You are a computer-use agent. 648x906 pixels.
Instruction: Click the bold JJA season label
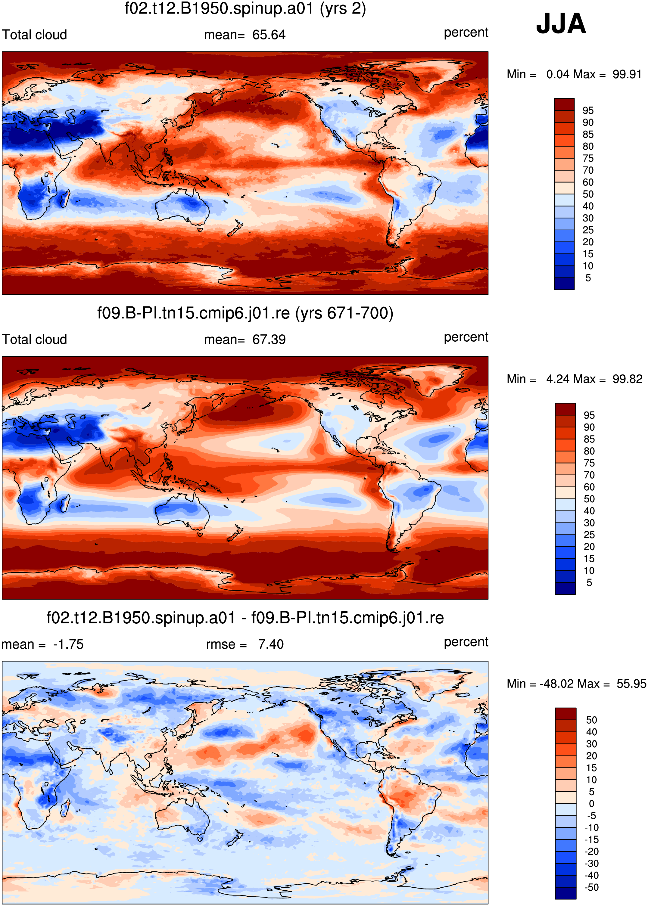(561, 23)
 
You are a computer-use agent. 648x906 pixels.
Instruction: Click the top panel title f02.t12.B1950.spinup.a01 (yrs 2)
(245, 8)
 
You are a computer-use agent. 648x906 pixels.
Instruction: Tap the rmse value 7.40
(270, 644)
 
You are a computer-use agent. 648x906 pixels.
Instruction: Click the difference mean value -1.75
(68, 644)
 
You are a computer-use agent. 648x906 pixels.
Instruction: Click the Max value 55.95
(631, 684)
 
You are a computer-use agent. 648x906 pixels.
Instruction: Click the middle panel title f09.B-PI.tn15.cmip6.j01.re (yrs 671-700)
(245, 313)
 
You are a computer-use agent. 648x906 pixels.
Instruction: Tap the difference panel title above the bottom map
(245, 618)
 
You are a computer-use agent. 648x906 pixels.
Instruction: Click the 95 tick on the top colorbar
(588, 110)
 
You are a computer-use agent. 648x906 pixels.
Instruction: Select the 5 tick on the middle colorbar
(589, 583)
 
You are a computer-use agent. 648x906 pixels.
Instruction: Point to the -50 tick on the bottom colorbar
(591, 887)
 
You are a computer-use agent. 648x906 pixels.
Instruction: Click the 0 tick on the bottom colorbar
(591, 804)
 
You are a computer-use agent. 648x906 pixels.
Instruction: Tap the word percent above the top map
(466, 33)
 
